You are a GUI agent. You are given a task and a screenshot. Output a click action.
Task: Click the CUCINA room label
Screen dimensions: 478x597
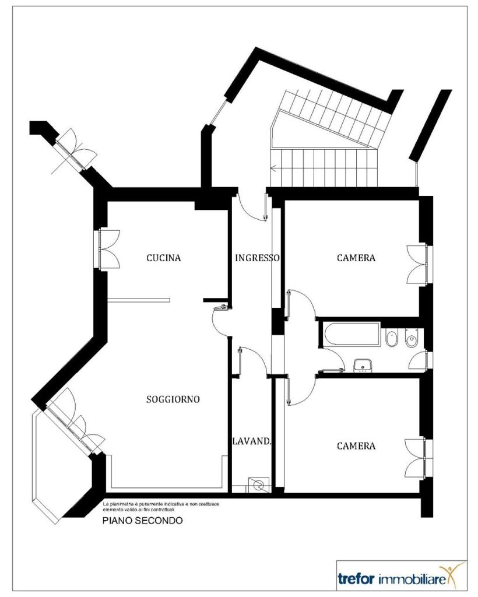[x=164, y=258]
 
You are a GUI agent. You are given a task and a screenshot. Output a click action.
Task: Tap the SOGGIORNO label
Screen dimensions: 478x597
[x=173, y=399]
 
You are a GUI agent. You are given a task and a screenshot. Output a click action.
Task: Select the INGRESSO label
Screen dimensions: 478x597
[x=257, y=258]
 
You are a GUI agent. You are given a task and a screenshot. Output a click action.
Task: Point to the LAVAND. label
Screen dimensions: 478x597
[x=252, y=441]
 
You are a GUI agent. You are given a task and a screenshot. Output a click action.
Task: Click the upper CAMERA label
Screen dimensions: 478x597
[x=356, y=258]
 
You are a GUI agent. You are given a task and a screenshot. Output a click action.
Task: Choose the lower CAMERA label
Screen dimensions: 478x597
[x=356, y=446]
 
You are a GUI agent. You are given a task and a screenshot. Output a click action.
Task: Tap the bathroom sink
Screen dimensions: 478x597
[x=363, y=365]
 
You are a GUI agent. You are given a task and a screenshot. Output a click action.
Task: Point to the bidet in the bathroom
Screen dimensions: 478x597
[x=391, y=338]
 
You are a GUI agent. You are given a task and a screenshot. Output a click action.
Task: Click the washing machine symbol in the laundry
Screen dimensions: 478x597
[x=258, y=485]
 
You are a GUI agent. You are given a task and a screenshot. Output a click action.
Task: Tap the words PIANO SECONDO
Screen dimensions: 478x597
[x=142, y=520]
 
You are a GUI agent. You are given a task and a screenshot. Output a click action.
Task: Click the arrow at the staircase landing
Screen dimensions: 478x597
[x=275, y=167]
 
